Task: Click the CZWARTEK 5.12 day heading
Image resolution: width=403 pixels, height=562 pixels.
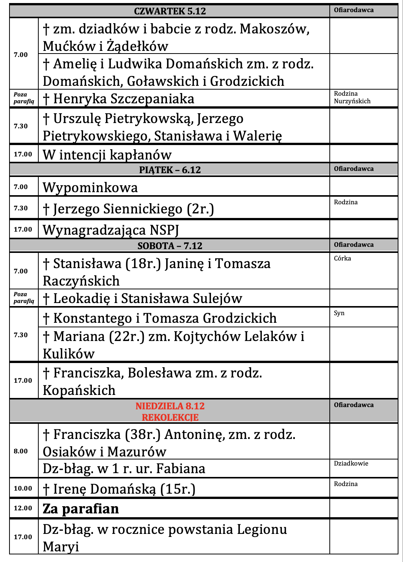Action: (170, 11)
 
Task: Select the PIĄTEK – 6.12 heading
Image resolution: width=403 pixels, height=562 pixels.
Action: (170, 170)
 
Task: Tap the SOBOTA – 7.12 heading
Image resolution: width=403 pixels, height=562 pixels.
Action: (170, 246)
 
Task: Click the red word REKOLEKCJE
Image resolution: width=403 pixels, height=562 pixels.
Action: (170, 417)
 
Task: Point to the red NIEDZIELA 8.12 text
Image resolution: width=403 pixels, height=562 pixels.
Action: (170, 406)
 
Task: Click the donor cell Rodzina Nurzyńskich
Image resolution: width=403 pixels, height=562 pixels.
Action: (352, 98)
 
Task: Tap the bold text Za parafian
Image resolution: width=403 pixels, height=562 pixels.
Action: (81, 509)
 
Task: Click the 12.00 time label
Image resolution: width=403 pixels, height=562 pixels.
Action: (23, 508)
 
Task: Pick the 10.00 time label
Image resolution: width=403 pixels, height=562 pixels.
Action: (23, 488)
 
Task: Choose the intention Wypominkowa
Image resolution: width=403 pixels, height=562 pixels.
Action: (90, 188)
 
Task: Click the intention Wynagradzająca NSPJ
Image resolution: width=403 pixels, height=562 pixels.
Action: (111, 230)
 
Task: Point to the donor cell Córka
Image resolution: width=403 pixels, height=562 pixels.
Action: (342, 258)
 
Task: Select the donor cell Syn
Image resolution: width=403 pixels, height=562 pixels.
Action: (339, 313)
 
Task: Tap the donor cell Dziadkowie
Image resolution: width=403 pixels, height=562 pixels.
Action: (351, 463)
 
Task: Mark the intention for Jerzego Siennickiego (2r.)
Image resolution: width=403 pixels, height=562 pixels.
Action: (128, 209)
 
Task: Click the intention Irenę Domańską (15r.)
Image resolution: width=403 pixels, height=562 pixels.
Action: (119, 489)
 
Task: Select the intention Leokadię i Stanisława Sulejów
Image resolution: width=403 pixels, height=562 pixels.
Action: (142, 298)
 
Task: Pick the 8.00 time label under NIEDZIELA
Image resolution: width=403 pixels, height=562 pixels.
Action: (20, 451)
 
